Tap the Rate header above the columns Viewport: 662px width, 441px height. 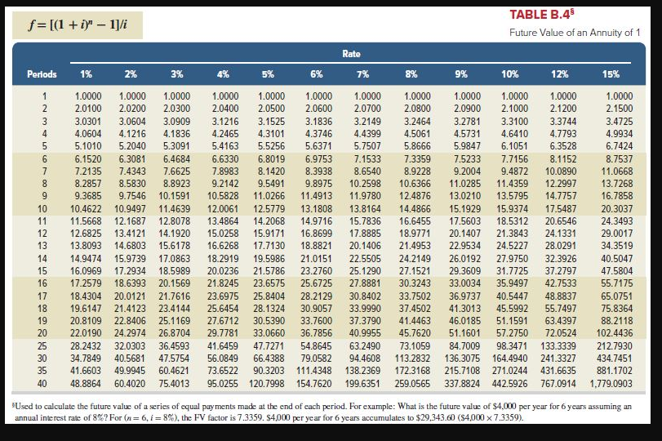click(351, 54)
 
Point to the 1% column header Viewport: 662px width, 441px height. click(86, 74)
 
